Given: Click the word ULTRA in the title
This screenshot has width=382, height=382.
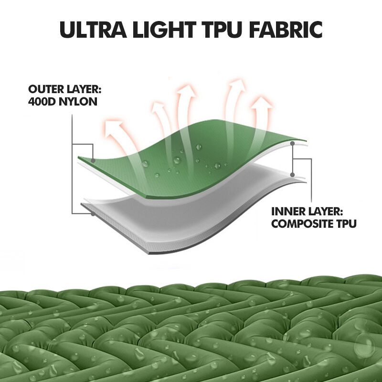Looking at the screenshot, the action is click(x=93, y=30).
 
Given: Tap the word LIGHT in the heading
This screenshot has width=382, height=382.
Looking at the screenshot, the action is click(x=164, y=30).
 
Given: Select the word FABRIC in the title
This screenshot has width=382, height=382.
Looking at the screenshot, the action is click(x=286, y=30).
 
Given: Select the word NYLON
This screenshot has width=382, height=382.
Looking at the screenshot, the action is click(x=78, y=102).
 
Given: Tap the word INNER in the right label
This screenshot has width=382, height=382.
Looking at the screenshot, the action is click(x=286, y=211).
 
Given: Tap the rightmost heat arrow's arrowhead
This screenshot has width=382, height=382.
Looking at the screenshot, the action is click(x=262, y=103).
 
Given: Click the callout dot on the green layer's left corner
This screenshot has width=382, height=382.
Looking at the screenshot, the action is click(x=93, y=160).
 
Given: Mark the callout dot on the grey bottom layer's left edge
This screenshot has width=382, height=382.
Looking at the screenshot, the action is click(x=93, y=214).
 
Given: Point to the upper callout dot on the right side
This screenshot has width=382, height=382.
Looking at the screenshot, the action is click(x=293, y=144).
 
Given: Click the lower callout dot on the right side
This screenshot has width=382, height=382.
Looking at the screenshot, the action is click(x=293, y=175).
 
